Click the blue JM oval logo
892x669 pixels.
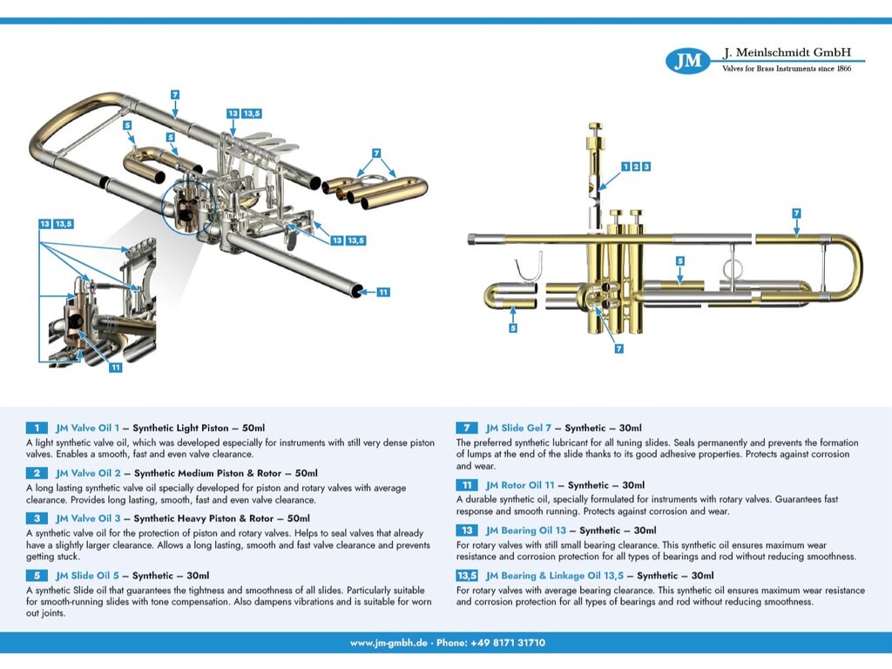point(688,61)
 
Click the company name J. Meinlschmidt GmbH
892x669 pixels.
point(786,52)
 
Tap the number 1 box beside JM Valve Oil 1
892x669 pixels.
point(37,428)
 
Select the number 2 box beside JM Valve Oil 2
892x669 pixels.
point(37,473)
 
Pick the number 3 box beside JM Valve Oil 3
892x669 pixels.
point(37,518)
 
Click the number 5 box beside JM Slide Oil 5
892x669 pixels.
point(37,576)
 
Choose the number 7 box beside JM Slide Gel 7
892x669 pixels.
point(467,428)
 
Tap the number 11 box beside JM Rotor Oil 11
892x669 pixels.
point(467,485)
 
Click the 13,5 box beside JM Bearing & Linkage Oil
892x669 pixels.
point(467,576)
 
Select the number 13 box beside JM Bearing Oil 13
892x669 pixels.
point(467,530)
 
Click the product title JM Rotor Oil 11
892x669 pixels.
point(520,485)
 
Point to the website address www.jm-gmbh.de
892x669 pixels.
point(389,643)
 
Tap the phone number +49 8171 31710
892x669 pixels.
point(508,643)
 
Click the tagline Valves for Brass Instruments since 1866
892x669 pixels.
point(787,69)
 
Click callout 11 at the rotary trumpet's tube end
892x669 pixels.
point(382,293)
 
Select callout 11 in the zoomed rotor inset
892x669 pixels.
point(115,368)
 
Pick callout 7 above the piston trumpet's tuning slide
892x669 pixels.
point(796,213)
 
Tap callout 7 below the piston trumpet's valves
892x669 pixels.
point(618,348)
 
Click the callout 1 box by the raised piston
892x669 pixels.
point(625,166)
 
